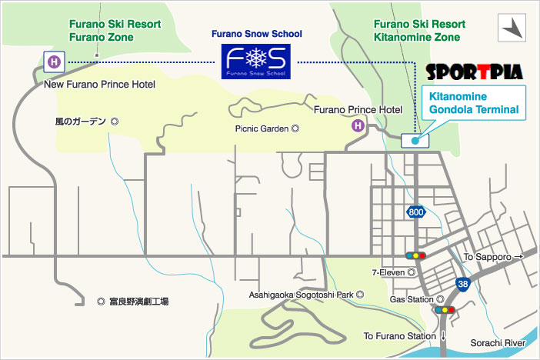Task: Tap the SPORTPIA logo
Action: point(474,73)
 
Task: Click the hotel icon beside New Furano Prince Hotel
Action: point(54,61)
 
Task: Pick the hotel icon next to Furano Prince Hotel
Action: point(358,125)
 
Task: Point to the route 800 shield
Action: point(415,212)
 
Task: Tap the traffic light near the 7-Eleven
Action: point(415,255)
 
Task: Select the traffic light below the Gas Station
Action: point(444,310)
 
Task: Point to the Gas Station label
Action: point(412,299)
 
